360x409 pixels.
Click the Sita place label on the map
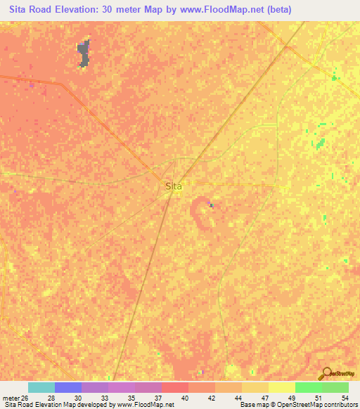pos(173,186)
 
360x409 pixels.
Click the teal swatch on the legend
pos(41,387)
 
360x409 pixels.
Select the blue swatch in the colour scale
pos(67,387)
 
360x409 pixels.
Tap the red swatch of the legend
pos(174,387)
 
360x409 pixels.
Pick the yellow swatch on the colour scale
pos(281,387)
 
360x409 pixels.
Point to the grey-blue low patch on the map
pos(84,53)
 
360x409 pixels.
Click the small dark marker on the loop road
pos(212,205)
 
